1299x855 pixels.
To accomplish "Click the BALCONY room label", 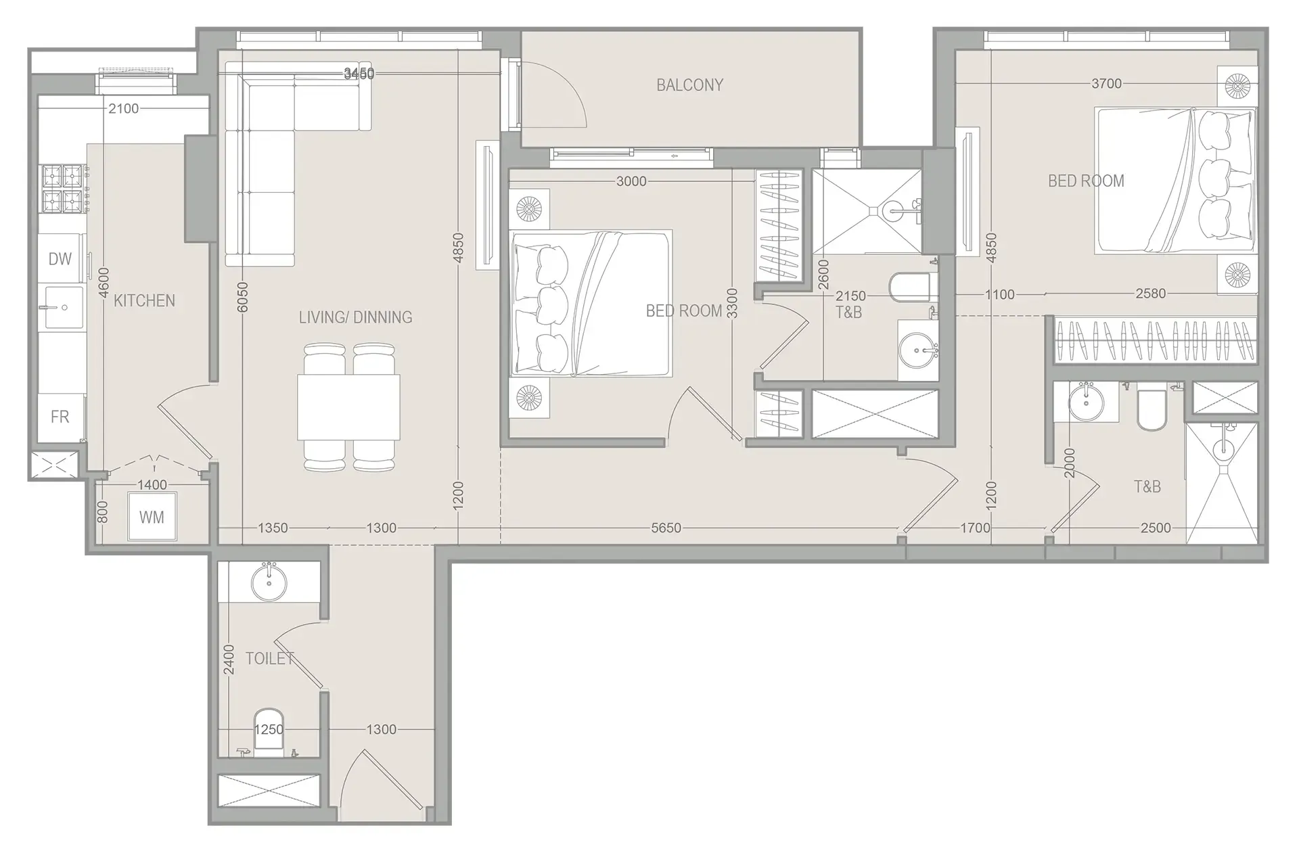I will [689, 85].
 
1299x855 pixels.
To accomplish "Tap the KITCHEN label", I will [144, 301].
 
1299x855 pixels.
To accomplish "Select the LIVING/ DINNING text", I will [355, 317].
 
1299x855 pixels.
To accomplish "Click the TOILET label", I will [269, 658].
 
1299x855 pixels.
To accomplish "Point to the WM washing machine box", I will [152, 517].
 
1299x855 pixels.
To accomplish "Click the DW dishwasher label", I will [60, 259].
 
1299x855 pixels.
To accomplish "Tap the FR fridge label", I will [60, 417].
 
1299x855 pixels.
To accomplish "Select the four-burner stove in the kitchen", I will [62, 189].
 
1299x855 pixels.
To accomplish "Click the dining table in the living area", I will [348, 408].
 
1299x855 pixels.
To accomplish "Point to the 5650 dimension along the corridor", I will [666, 528].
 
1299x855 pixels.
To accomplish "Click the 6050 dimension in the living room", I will [243, 298].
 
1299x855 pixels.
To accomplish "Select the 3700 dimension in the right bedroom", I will [1106, 84].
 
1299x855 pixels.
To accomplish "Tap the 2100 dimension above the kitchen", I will [124, 109].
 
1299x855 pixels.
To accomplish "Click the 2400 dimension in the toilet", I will [229, 659].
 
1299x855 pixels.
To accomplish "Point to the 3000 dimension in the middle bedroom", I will [631, 181].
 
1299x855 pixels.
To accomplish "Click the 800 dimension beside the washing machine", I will [102, 512].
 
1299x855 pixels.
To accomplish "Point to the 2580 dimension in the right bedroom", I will [1150, 294].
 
